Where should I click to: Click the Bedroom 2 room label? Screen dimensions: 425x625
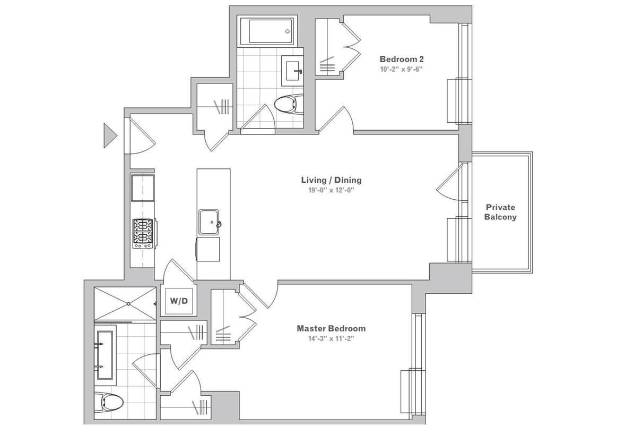(x=401, y=59)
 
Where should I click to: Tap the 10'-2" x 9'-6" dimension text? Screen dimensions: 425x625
(x=401, y=69)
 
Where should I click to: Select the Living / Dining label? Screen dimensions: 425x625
(x=331, y=180)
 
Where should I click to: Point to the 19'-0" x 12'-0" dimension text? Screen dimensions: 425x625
(x=331, y=190)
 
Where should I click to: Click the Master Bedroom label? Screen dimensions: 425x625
(x=331, y=328)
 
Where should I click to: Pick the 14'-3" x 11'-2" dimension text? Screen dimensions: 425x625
(x=331, y=338)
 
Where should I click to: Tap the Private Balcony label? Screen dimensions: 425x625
(x=500, y=212)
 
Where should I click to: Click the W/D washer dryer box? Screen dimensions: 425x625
(x=179, y=301)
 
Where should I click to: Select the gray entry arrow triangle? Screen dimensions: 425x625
(x=109, y=135)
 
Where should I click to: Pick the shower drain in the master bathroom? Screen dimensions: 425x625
(x=128, y=304)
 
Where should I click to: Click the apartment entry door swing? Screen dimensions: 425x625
(x=139, y=137)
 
